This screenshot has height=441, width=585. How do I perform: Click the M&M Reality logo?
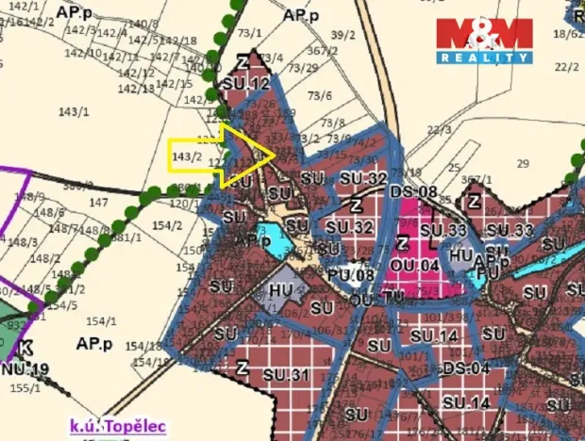(x=483, y=40)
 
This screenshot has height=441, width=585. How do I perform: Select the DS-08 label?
(x=413, y=192)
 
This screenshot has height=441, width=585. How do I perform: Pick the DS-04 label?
(x=465, y=367)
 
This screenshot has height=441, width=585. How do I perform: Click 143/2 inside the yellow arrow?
(x=187, y=155)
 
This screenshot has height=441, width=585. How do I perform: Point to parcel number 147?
(x=98, y=202)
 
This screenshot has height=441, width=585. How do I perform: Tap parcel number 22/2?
(x=567, y=67)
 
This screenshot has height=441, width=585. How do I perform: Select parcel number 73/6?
(x=321, y=95)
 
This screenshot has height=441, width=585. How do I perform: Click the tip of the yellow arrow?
(x=275, y=154)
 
